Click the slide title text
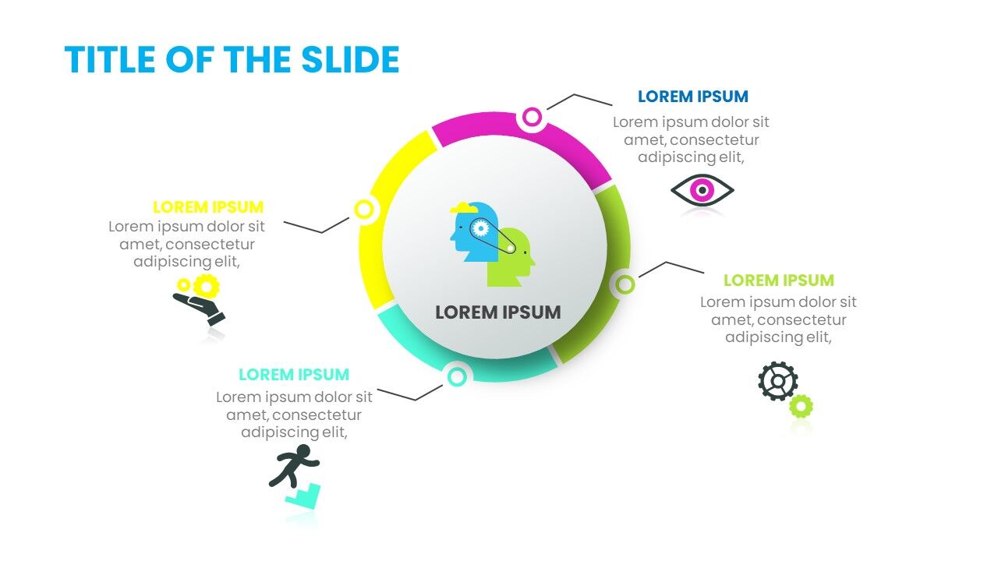pyautogui.click(x=232, y=60)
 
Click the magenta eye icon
pyautogui.click(x=702, y=190)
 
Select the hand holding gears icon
pyautogui.click(x=200, y=300)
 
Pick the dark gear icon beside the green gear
pyautogui.click(x=777, y=381)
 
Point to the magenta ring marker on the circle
pyautogui.click(x=532, y=118)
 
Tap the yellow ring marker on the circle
pyautogui.click(x=364, y=209)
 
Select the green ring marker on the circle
pyautogui.click(x=625, y=284)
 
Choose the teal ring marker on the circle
pyautogui.click(x=458, y=377)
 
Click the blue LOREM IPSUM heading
pyautogui.click(x=692, y=97)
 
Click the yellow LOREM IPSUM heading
pyautogui.click(x=208, y=207)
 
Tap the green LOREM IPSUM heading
pyautogui.click(x=778, y=280)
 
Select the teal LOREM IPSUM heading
pyautogui.click(x=294, y=375)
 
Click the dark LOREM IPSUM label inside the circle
pyautogui.click(x=497, y=312)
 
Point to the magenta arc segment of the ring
pyautogui.click(x=577, y=144)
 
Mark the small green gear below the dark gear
pyautogui.click(x=801, y=406)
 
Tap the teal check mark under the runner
pyautogui.click(x=303, y=496)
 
